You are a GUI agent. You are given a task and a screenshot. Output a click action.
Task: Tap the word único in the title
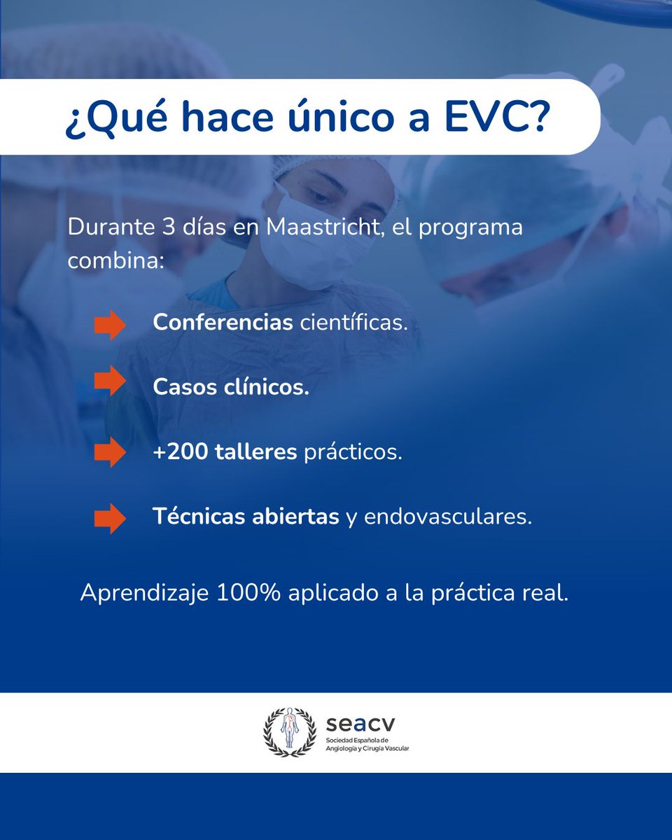(x=333, y=118)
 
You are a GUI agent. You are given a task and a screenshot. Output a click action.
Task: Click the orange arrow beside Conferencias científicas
(x=110, y=325)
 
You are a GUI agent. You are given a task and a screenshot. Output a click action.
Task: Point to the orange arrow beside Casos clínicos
(x=110, y=381)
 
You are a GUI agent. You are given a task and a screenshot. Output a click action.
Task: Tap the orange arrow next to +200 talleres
(x=110, y=452)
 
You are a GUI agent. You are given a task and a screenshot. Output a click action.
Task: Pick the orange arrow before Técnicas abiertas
(x=110, y=519)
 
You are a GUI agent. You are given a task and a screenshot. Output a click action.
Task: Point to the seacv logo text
(x=356, y=722)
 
